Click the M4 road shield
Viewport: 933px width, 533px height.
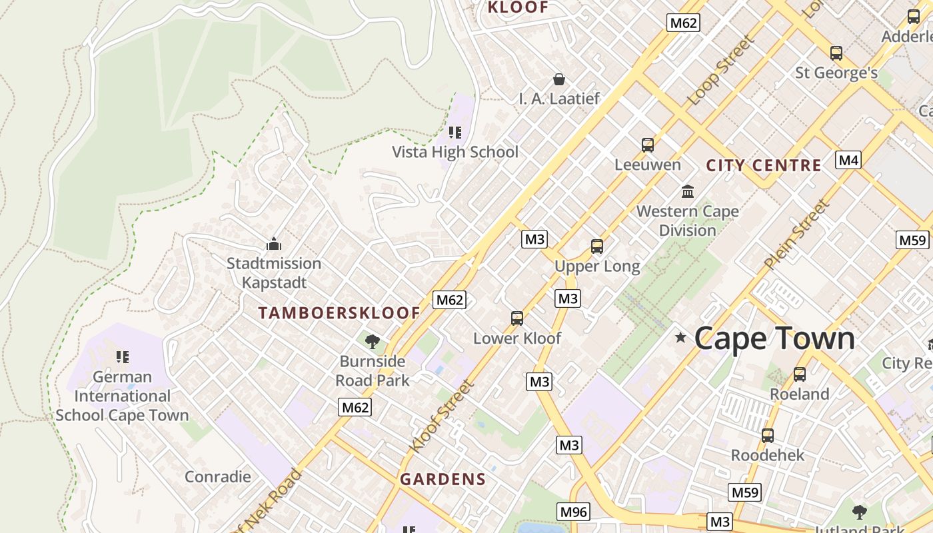tap(848, 160)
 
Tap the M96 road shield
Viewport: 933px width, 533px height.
tap(573, 512)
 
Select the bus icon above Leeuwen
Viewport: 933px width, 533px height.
tap(647, 145)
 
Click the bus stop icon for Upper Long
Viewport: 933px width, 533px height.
tap(597, 247)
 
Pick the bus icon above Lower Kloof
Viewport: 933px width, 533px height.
tap(517, 318)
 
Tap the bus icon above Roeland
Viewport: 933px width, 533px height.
tap(799, 374)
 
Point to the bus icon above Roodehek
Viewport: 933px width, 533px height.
tap(768, 436)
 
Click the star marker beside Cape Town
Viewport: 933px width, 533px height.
tap(680, 338)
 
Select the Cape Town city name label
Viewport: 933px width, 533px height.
tap(774, 338)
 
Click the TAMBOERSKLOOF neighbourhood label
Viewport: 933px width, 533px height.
tap(339, 313)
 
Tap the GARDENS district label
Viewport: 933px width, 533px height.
tap(443, 479)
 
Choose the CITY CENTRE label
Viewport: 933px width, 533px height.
tap(763, 166)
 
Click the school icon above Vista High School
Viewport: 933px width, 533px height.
tap(455, 133)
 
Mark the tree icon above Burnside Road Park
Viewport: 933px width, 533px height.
tap(373, 342)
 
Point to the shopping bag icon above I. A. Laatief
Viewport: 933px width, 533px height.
tap(559, 79)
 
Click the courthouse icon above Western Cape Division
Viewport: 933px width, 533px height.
tap(688, 193)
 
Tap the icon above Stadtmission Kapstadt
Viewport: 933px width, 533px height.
tap(273, 245)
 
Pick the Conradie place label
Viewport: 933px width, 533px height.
tap(218, 477)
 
